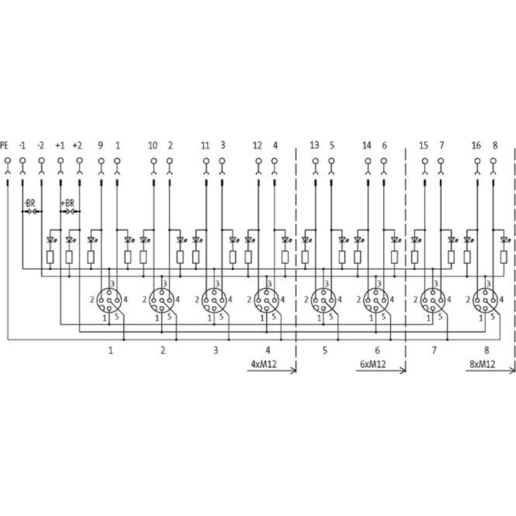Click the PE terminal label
(5, 145)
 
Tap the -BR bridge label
(30, 203)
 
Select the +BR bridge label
(68, 203)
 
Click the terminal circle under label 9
(101, 161)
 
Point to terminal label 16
(476, 145)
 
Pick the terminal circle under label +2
(79, 161)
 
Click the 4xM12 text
(264, 364)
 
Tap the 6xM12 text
(373, 364)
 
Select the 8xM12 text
(482, 364)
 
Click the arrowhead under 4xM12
(293, 370)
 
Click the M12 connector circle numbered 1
(108, 300)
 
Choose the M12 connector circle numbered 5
(323, 300)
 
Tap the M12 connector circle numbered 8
(485, 300)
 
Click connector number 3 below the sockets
(215, 350)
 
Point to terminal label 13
(314, 145)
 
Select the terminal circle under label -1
(23, 161)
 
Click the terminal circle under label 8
(493, 161)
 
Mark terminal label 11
(205, 145)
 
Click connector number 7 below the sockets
(434, 350)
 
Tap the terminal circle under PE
(8, 161)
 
